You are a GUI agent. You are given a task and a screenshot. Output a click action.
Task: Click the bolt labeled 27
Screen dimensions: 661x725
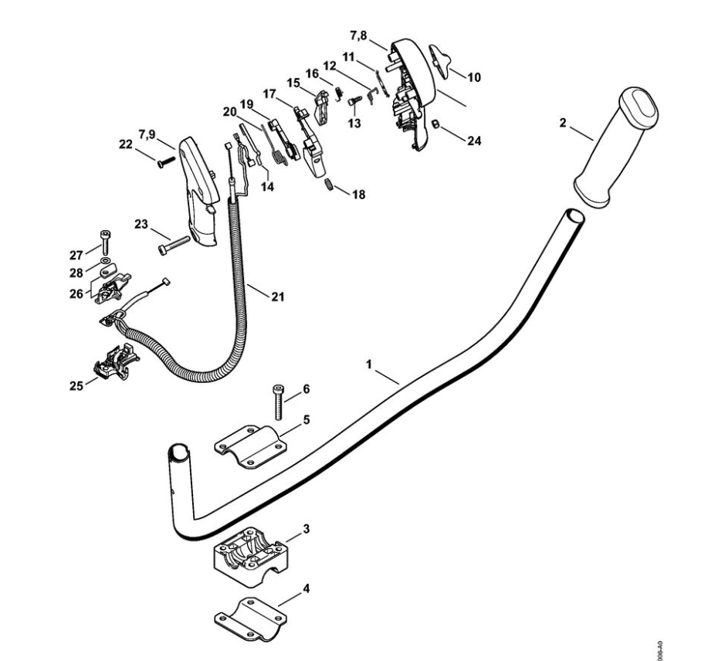(103, 240)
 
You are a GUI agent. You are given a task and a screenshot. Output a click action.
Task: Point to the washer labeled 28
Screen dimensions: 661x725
(104, 261)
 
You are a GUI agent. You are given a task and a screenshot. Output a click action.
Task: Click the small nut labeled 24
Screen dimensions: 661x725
(435, 124)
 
